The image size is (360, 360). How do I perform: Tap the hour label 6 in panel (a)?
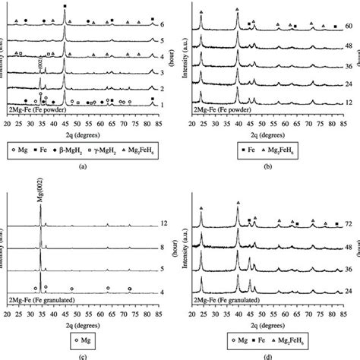point(163,24)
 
